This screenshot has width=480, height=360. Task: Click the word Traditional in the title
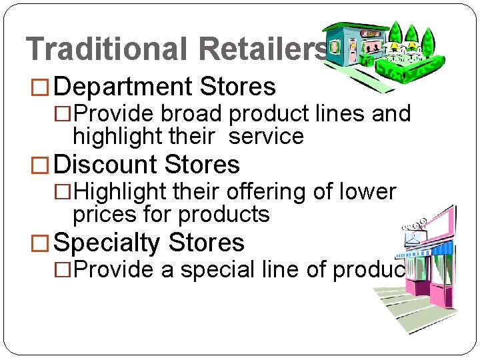pos(107,49)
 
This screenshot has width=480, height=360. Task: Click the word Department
pos(122,87)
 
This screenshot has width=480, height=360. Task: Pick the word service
pos(265,137)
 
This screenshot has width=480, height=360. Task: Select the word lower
pos(369,192)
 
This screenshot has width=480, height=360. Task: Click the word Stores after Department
pos(238,87)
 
